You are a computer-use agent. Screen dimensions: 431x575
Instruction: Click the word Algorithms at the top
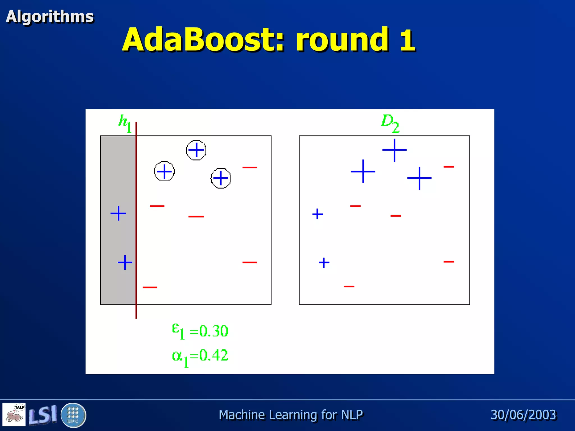point(50,16)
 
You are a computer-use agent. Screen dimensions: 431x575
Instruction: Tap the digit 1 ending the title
point(407,40)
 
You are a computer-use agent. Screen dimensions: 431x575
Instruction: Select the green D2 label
point(390,123)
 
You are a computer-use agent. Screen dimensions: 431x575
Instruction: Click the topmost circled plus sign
point(196,150)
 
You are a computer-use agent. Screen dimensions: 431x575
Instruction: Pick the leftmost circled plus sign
point(164,171)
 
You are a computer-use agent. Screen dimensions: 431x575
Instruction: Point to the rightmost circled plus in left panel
point(221,178)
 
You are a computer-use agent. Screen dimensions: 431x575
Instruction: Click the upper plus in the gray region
point(118,214)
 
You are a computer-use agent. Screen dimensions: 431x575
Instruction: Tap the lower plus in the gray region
point(125,262)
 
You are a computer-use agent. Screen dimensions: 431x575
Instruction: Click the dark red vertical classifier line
point(136,224)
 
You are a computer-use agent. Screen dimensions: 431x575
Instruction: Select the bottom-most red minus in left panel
point(150,287)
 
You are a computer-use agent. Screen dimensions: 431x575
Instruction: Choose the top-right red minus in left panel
point(250,168)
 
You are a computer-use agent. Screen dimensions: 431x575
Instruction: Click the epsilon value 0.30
point(214,331)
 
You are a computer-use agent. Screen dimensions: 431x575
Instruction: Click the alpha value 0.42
point(214,356)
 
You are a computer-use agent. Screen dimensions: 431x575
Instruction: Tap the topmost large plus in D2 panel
point(394,150)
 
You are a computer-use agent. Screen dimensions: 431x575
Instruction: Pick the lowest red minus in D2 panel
point(349,286)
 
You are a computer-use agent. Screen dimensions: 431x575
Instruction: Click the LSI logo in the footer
point(43,415)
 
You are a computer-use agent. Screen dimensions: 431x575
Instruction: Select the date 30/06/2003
point(523,415)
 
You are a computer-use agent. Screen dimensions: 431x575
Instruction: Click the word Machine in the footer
point(242,415)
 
